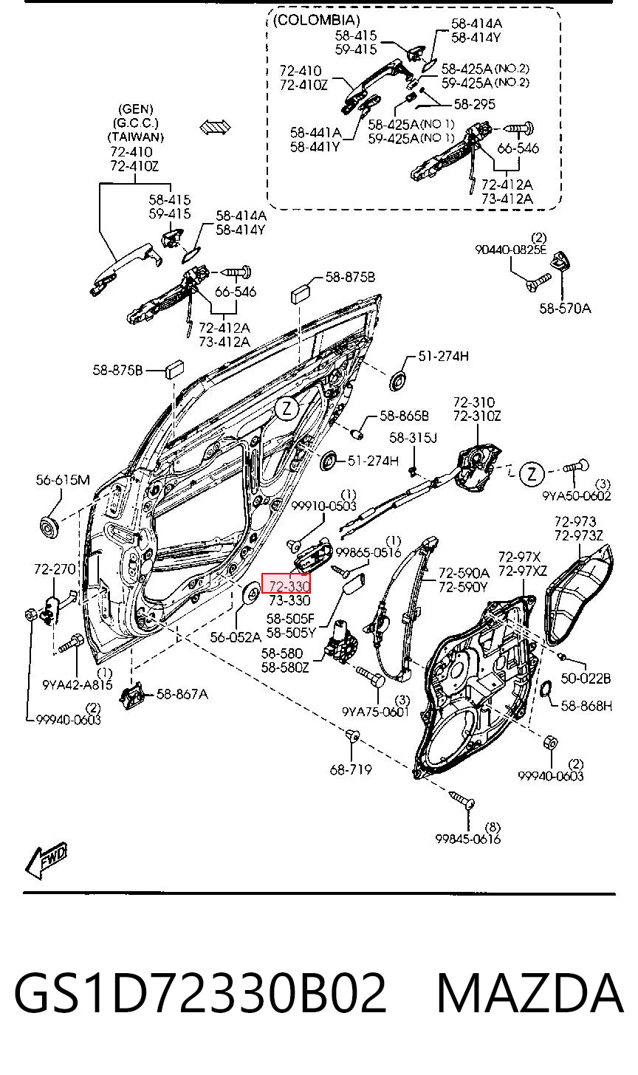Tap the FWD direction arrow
[46, 865]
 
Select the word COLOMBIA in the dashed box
[316, 20]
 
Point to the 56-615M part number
[63, 479]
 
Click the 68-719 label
[351, 769]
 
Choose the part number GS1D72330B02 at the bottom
[200, 992]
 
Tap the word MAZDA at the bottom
[530, 992]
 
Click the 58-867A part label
[182, 694]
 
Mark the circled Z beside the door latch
[532, 474]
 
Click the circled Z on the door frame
[287, 409]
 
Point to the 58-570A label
[565, 308]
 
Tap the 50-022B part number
[586, 678]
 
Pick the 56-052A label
[236, 637]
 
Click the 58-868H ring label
[586, 706]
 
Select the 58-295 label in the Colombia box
[475, 104]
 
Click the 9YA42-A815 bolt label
[78, 685]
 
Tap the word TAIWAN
[136, 137]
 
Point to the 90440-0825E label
[511, 250]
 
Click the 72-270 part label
[55, 569]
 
